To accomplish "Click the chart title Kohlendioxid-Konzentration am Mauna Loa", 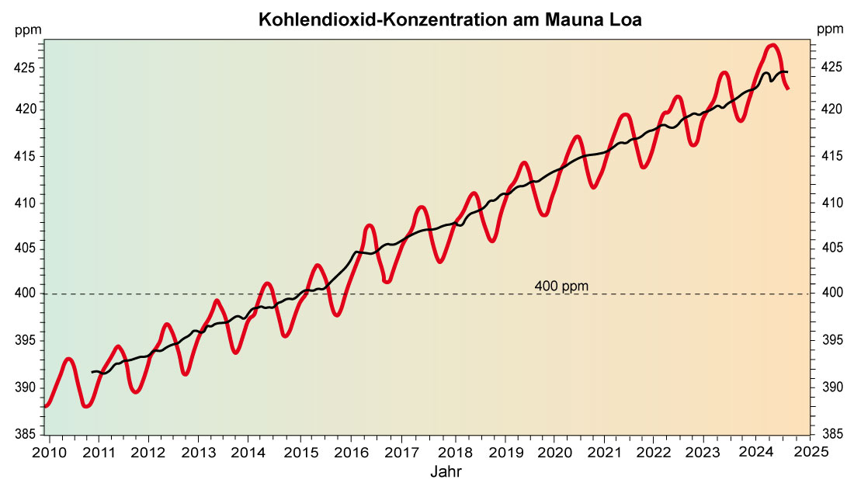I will [450, 19].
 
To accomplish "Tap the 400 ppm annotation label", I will [561, 286].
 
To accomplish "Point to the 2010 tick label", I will [46, 452].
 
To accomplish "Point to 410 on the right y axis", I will [830, 203].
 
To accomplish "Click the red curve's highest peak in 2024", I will [772, 45].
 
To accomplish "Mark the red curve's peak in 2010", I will [69, 359].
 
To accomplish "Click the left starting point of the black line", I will [92, 373].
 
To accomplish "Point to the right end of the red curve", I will [788, 89].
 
